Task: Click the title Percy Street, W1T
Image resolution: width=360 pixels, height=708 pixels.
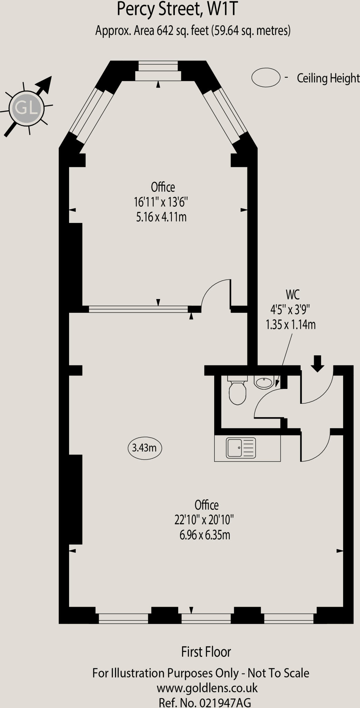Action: tap(177, 9)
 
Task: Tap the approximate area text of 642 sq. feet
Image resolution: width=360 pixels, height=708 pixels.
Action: tap(193, 31)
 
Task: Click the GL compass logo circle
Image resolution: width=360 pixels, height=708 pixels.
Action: tap(27, 109)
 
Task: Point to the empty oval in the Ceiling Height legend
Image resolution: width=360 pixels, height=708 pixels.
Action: tap(266, 77)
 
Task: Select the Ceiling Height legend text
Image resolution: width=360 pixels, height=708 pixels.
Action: tap(328, 78)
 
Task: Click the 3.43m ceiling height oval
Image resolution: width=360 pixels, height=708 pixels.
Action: tap(144, 448)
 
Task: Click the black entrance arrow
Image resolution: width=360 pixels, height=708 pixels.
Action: tap(318, 363)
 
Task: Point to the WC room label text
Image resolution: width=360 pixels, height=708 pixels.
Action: tap(292, 295)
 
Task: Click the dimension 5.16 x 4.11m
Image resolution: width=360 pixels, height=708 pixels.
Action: tap(161, 217)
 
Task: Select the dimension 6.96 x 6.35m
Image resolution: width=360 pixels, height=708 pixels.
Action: tap(205, 535)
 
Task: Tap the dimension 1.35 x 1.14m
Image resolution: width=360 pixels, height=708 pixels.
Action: tap(291, 325)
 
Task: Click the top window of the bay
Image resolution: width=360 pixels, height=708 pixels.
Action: tap(158, 71)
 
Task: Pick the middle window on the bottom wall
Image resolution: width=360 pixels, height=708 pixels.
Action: tap(206, 618)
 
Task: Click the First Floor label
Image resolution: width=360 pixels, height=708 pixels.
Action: tap(206, 652)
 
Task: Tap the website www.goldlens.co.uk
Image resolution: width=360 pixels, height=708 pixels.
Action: tap(207, 688)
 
